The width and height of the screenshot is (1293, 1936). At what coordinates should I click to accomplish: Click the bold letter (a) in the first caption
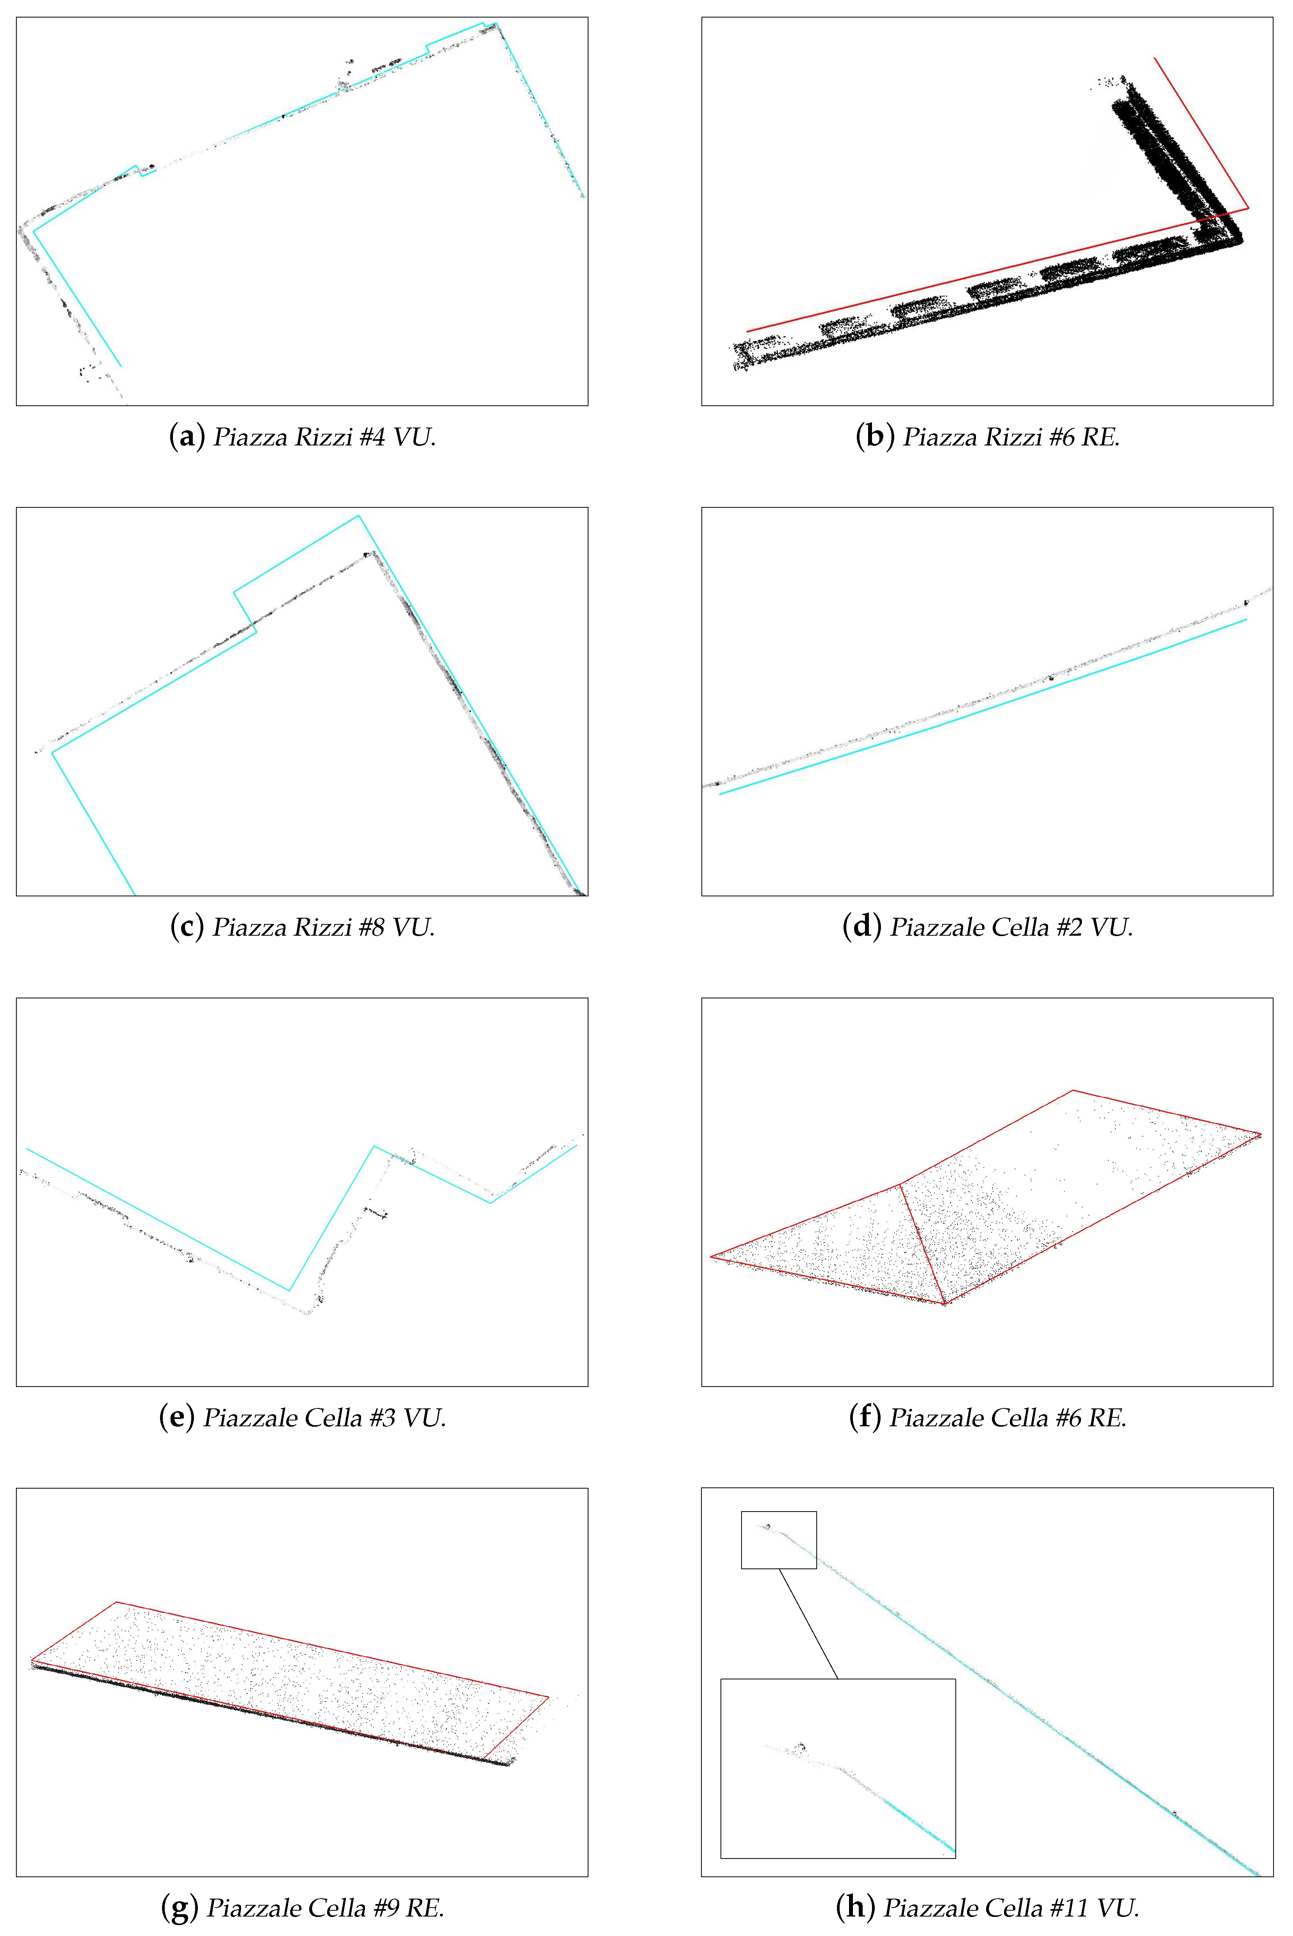pos(187,437)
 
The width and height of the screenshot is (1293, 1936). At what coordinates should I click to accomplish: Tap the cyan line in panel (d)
pos(983,707)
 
